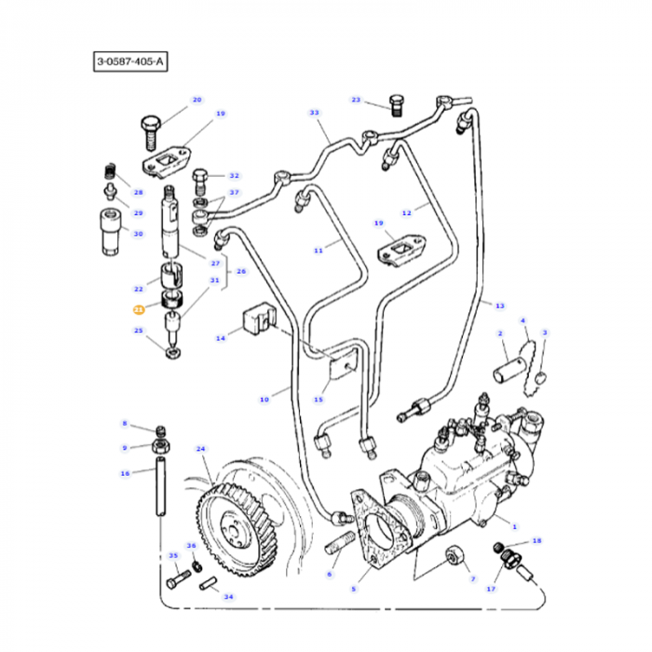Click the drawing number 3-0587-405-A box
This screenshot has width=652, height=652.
click(130, 62)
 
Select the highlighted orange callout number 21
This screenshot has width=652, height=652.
click(138, 309)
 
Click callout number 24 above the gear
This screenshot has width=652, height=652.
click(200, 448)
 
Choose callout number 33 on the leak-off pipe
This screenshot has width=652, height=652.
click(314, 113)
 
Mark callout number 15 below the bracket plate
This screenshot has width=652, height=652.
click(318, 400)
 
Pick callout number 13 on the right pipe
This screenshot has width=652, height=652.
click(499, 306)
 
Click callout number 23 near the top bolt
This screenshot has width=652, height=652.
click(356, 99)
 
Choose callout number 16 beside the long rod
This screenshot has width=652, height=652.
click(125, 473)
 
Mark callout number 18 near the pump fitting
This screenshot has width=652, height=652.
click(537, 540)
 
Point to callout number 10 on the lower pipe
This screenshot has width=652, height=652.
click(264, 400)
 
